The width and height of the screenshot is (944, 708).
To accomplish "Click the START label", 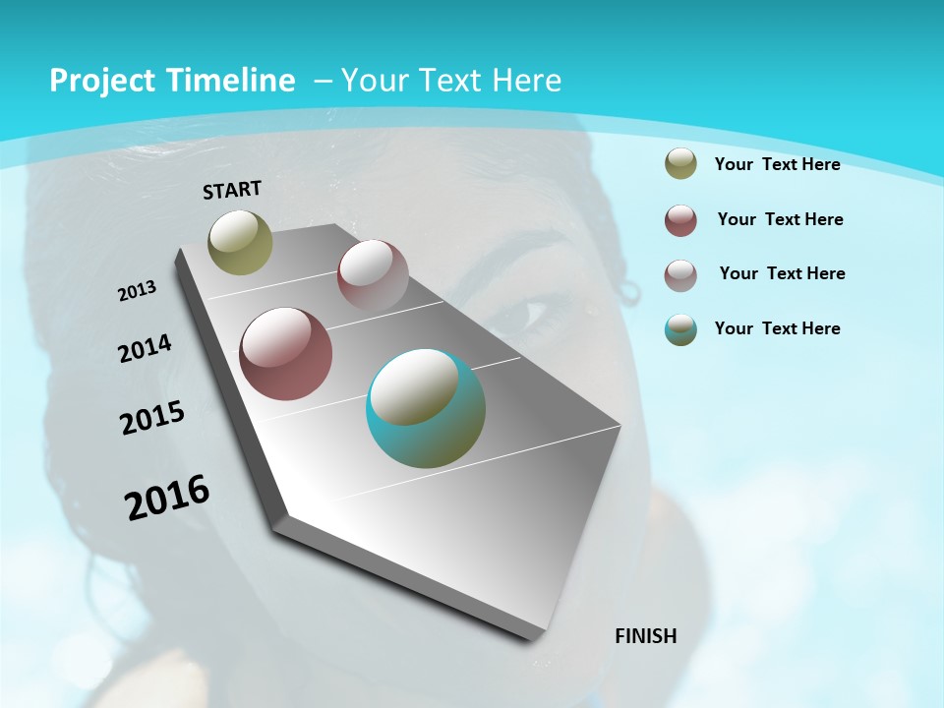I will (x=232, y=189).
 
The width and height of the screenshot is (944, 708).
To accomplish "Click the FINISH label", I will (x=646, y=635).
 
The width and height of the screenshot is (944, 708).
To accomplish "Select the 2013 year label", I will (x=137, y=290).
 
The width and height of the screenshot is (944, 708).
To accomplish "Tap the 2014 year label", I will (x=145, y=348).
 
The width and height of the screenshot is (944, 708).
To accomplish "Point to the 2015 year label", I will (x=152, y=418).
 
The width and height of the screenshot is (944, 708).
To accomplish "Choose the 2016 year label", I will (x=167, y=497).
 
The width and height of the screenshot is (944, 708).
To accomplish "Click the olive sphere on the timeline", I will (x=240, y=242).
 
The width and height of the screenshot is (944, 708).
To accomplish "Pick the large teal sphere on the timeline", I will (x=426, y=408).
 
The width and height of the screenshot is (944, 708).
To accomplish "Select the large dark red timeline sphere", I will (x=286, y=354).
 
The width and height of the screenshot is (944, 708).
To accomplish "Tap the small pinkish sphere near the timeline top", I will (x=373, y=275).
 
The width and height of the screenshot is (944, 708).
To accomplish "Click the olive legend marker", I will (x=680, y=164).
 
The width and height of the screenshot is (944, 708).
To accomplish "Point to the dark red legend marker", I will (x=680, y=220).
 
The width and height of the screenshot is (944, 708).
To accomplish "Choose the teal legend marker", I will (x=680, y=329).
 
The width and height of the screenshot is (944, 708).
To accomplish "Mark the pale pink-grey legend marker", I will (x=680, y=275).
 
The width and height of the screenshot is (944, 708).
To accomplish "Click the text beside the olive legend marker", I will (x=777, y=164).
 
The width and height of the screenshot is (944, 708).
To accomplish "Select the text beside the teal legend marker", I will (x=777, y=328).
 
